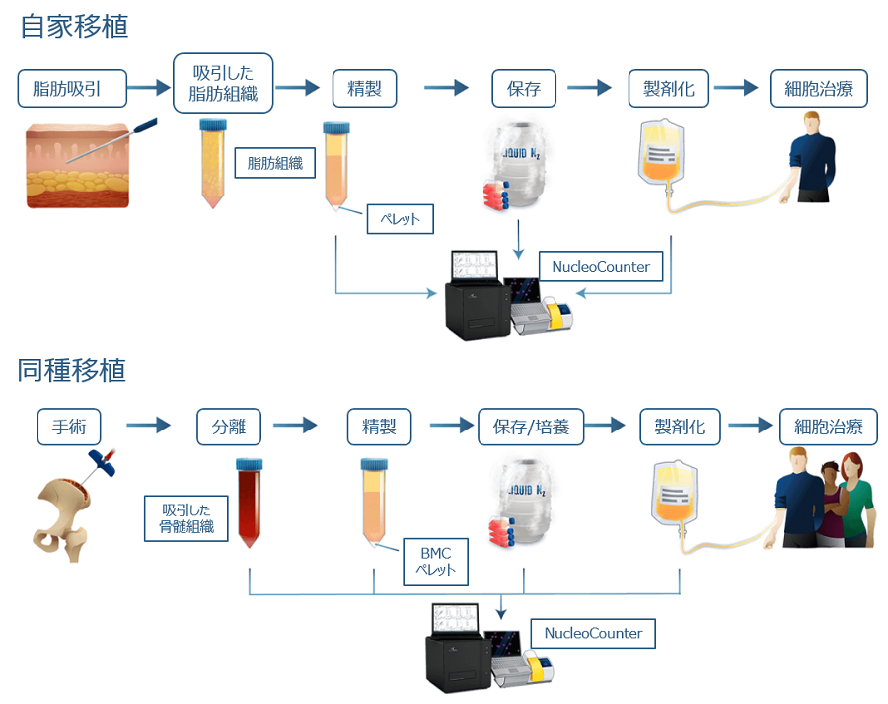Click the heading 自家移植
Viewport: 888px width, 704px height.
(74, 27)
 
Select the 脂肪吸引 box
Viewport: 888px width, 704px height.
(72, 90)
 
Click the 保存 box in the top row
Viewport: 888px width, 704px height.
(524, 89)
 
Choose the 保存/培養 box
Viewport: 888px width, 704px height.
(531, 428)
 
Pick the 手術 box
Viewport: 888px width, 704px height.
(69, 428)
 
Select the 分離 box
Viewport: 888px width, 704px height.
(229, 428)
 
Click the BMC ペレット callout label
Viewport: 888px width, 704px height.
(435, 562)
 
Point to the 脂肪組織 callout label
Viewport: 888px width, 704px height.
(274, 163)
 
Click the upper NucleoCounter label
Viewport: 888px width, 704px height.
(601, 266)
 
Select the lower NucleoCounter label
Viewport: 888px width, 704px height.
(593, 633)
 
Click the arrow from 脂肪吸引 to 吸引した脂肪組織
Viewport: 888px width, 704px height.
(149, 89)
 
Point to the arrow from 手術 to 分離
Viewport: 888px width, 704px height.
(148, 428)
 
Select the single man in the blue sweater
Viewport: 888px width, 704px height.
(812, 158)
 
